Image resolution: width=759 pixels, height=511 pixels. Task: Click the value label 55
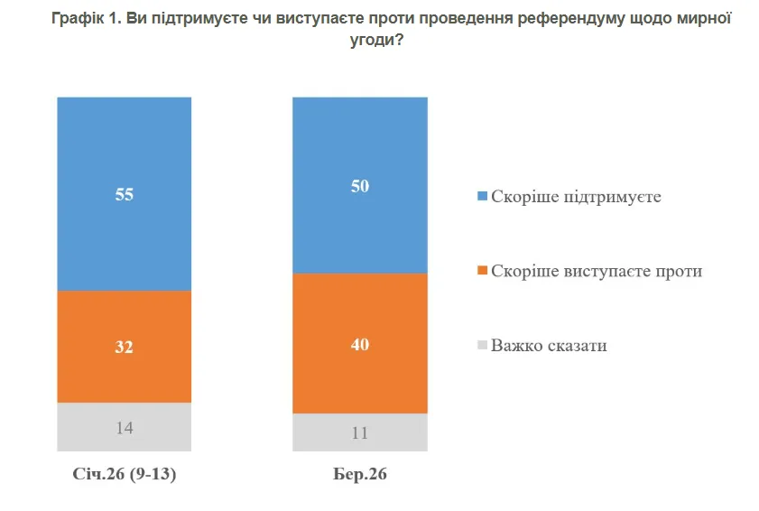(125, 194)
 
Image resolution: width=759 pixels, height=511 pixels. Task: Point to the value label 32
(125, 347)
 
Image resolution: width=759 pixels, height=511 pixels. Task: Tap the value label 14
(125, 427)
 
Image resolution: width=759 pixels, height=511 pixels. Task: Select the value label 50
(360, 186)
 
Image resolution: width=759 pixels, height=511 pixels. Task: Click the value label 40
(360, 344)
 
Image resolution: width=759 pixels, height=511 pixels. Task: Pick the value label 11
(360, 432)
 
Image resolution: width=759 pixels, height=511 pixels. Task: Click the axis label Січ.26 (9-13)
(125, 474)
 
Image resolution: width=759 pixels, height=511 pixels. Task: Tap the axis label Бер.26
(360, 474)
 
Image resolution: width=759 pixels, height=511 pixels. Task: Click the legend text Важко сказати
(549, 345)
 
